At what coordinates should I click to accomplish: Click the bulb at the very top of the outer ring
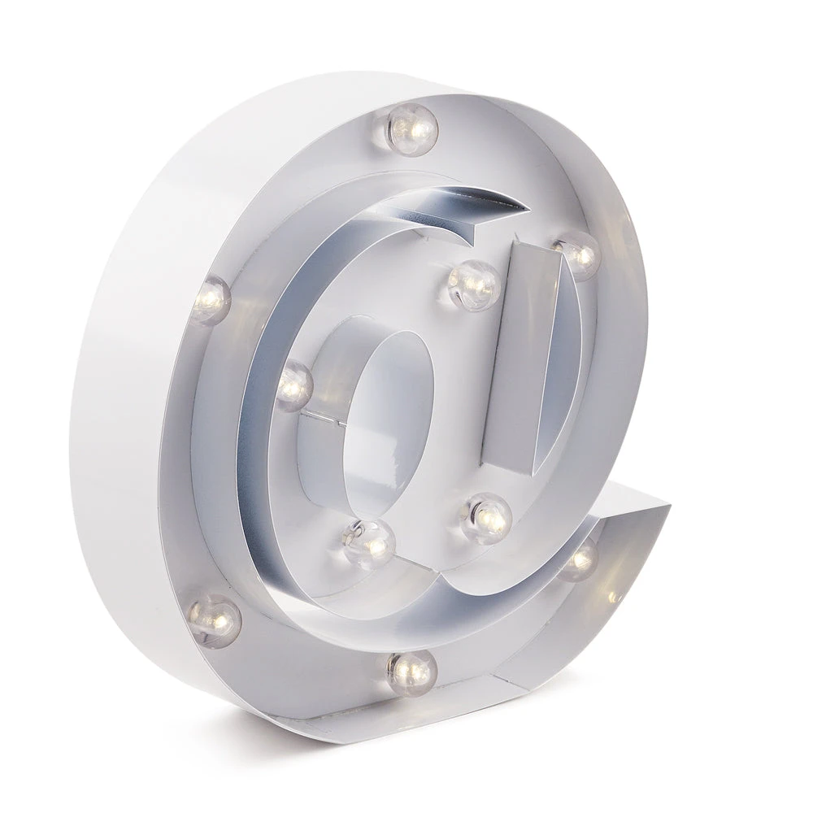coord(411,128)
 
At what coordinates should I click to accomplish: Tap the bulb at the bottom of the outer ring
coord(411,672)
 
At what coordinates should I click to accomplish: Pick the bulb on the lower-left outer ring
coord(215,620)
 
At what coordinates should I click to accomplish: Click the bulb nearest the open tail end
coord(580,560)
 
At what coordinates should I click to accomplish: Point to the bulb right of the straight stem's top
coord(577,254)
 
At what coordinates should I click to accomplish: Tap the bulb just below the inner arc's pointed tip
coord(473,284)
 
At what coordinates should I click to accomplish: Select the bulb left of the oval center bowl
coord(293,385)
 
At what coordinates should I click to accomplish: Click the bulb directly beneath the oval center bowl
coord(368,543)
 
